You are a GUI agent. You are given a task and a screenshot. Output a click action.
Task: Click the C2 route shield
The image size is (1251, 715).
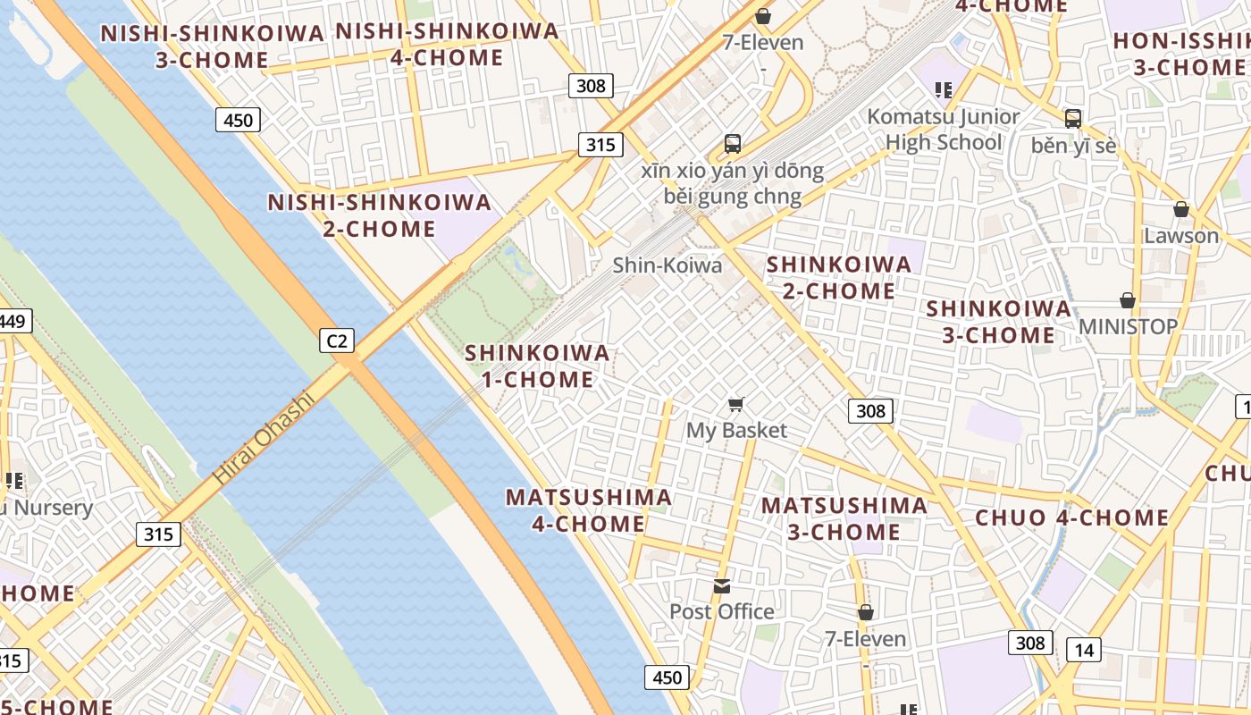click(x=337, y=340)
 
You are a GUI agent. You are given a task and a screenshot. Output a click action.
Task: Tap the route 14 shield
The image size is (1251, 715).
click(x=1083, y=650)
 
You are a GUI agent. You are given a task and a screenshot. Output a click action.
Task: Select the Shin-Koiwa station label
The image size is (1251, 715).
click(x=667, y=265)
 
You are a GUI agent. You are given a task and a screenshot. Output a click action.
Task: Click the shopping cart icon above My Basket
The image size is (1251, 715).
click(x=736, y=405)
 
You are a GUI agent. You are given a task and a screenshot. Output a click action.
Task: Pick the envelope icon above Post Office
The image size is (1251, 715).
click(x=722, y=586)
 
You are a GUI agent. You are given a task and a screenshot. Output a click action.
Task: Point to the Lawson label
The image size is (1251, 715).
click(x=1181, y=236)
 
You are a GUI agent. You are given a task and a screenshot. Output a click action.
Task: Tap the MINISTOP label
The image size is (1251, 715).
click(x=1128, y=326)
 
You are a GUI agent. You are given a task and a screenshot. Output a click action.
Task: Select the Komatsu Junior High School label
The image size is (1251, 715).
click(x=944, y=130)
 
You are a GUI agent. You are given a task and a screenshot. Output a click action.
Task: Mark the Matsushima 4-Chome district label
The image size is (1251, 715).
click(x=589, y=510)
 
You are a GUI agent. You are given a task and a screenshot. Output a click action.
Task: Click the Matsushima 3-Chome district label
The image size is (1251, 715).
click(x=844, y=518)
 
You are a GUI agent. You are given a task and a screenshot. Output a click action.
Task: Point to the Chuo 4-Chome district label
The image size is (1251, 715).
click(x=1071, y=517)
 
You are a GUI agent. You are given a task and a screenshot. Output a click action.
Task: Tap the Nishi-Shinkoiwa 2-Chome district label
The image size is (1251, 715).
click(x=380, y=215)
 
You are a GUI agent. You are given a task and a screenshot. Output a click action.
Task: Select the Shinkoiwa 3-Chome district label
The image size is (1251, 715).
click(x=998, y=322)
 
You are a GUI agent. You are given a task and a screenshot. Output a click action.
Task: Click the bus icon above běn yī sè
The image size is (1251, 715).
click(x=1073, y=118)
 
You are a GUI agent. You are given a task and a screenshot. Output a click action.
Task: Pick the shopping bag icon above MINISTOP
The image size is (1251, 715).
click(x=1128, y=300)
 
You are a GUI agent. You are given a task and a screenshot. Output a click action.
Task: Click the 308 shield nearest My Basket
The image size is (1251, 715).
click(x=869, y=410)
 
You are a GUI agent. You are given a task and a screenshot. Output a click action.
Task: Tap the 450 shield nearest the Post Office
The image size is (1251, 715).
click(x=667, y=677)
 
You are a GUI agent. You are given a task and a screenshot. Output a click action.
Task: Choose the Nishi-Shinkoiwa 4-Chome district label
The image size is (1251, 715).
click(x=447, y=44)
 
